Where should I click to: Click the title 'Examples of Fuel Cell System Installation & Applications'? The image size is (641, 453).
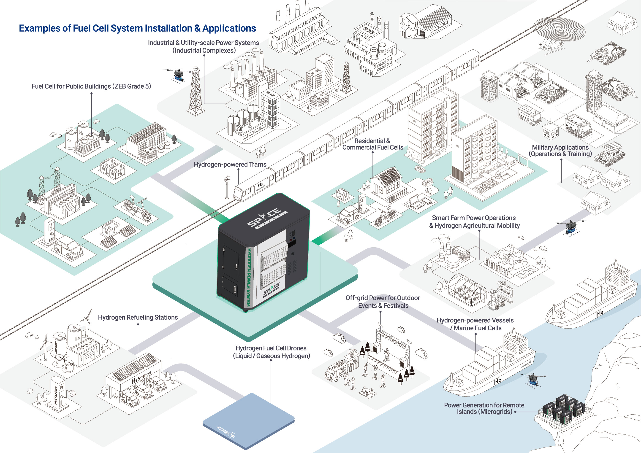137,28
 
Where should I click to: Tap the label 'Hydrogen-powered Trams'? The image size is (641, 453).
230,164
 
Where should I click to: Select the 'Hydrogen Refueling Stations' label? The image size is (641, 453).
138,317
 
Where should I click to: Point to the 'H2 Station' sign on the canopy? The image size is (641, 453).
141,377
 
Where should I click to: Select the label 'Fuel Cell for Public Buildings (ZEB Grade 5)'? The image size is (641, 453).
91,86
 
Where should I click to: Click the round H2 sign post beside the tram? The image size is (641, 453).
228,180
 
